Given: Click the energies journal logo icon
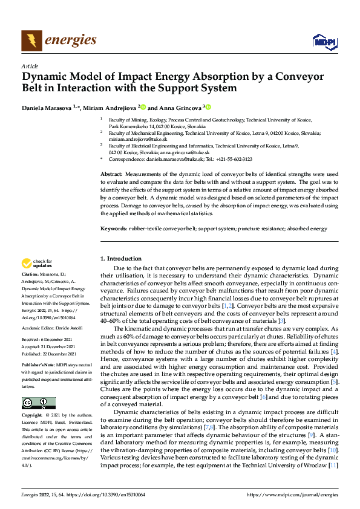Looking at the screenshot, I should click(31, 41).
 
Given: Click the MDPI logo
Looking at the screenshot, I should click(324, 41).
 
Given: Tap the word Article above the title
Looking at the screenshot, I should click(30, 65).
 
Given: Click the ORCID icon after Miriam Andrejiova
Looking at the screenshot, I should click(143, 106).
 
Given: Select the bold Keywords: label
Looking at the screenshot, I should click(114, 229).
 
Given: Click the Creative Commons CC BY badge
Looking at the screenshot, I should click(38, 403).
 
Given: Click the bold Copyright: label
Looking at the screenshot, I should click(32, 416).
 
